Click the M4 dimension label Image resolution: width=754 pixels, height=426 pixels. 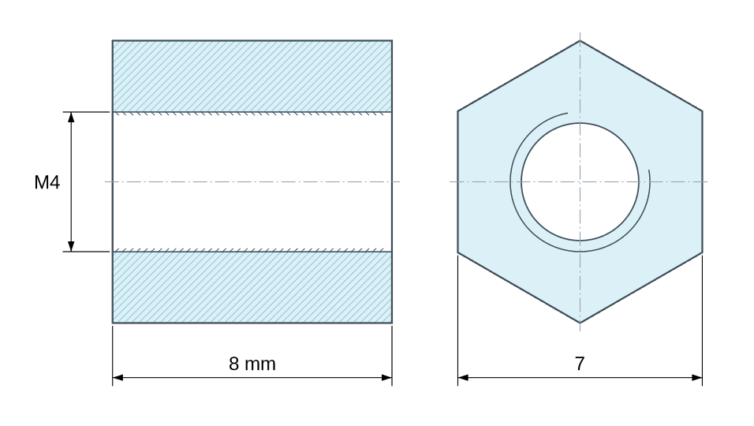coord(47,182)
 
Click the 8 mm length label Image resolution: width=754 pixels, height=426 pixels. coord(252,364)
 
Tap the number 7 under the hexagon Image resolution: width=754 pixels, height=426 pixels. coord(580,364)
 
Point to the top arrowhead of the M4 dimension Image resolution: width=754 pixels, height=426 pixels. coord(71,118)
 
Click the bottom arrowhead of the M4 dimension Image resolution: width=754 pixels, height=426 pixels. coord(71,246)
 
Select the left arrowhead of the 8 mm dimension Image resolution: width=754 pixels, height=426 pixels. coord(118,378)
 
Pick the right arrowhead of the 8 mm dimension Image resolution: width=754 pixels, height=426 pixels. coord(386,378)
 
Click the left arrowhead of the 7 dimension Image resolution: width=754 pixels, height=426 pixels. coord(463,378)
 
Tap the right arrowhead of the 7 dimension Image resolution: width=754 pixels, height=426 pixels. coord(696,378)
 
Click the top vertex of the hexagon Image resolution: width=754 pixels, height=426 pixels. coord(580,41)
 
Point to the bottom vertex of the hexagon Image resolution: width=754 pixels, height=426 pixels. coord(580,323)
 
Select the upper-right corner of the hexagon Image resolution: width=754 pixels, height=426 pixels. coord(702,111)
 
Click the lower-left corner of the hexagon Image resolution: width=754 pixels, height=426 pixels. coord(457,252)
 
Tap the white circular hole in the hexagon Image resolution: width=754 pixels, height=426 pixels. coord(580,181)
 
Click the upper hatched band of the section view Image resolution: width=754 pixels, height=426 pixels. coord(252,77)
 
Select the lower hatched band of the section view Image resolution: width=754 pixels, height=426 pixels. coord(252,287)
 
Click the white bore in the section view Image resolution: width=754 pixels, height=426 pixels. coord(252,181)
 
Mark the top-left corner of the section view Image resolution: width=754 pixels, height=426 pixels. coord(113,40)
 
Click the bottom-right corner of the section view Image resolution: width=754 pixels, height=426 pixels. coord(392,323)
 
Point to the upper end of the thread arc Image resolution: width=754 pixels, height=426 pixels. coord(567,114)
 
